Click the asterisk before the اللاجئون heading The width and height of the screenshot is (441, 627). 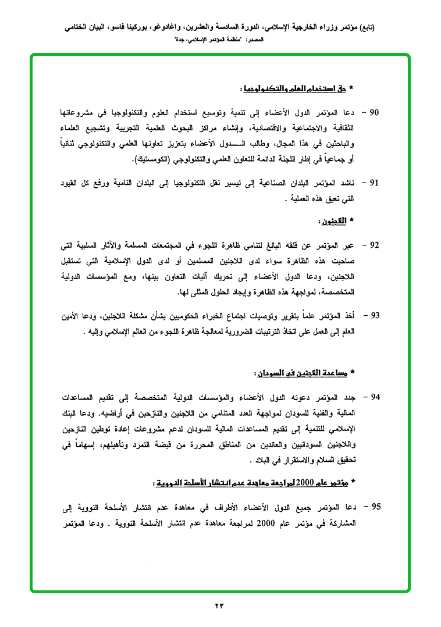click(x=351, y=222)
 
